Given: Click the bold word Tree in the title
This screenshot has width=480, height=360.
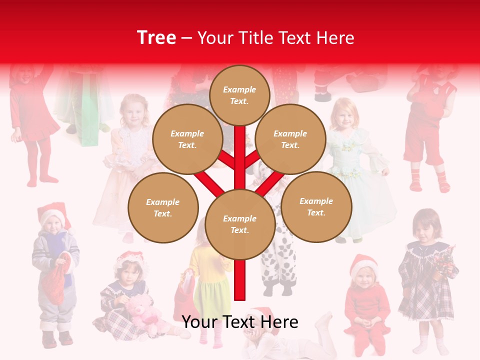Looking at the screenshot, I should pyautogui.click(x=156, y=38).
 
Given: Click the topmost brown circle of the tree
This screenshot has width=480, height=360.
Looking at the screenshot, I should pyautogui.click(x=239, y=95).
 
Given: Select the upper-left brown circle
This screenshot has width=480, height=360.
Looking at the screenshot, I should pyautogui.click(x=187, y=139).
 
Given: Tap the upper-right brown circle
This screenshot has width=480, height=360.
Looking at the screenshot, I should pyautogui.click(x=290, y=139).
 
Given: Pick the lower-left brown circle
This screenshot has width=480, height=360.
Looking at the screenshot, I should pyautogui.click(x=163, y=207).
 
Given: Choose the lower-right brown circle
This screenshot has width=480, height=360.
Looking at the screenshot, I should pyautogui.click(x=316, y=206).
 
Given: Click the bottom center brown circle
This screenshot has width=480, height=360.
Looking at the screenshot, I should pyautogui.click(x=240, y=224).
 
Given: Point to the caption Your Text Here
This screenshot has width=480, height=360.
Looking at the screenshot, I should pyautogui.click(x=240, y=322).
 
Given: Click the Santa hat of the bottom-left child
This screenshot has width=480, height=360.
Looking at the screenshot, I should pyautogui.click(x=53, y=212).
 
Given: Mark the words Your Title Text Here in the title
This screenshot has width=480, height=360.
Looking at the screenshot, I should pyautogui.click(x=275, y=38).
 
